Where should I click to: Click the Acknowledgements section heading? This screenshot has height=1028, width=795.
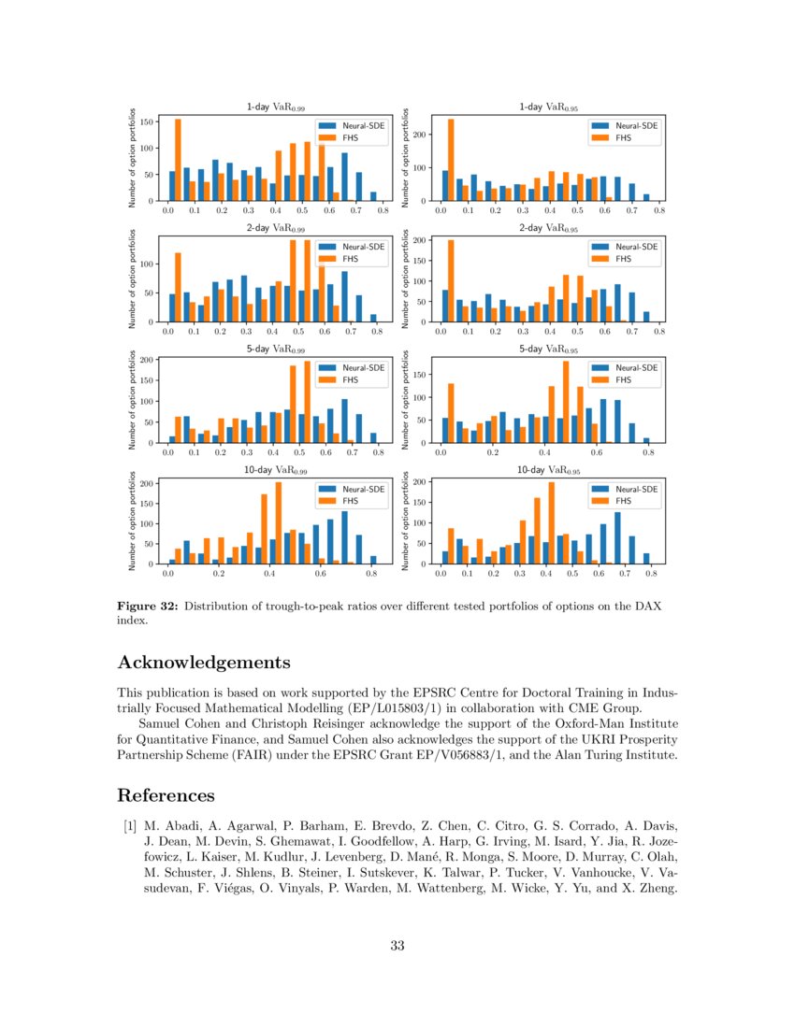[x=204, y=663]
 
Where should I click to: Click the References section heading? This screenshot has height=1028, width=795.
[x=166, y=795]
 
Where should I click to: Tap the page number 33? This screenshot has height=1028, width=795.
[x=397, y=947]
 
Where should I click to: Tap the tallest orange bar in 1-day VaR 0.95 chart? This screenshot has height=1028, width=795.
[x=450, y=159]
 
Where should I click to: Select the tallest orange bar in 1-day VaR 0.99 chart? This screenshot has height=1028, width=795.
[x=178, y=159]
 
